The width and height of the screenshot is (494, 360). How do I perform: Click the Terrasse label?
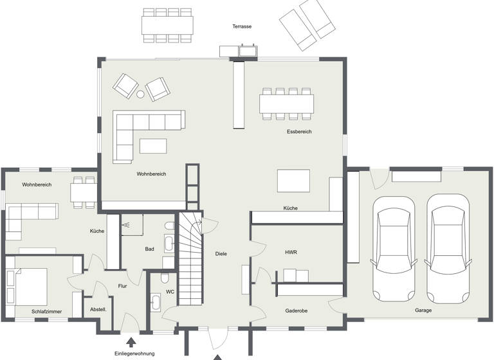(x=242, y=26)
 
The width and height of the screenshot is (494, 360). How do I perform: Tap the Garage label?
(x=423, y=310)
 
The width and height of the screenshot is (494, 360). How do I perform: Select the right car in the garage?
(x=448, y=248)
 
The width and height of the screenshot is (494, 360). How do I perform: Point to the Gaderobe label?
(x=296, y=310)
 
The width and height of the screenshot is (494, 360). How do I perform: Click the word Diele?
(x=221, y=254)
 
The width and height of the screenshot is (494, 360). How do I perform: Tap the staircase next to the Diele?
(x=190, y=257)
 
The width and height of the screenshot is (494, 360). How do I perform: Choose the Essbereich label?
(x=299, y=132)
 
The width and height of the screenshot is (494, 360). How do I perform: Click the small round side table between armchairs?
(x=140, y=94)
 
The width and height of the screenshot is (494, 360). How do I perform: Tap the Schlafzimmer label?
(x=47, y=312)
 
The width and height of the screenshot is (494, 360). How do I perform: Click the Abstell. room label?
(x=98, y=309)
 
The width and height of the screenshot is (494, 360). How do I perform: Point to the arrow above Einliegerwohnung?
(x=131, y=342)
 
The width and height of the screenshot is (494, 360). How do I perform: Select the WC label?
(x=170, y=291)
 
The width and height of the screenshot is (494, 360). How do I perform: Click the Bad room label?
(x=149, y=249)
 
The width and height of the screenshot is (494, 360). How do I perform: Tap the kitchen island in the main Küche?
(x=293, y=181)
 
